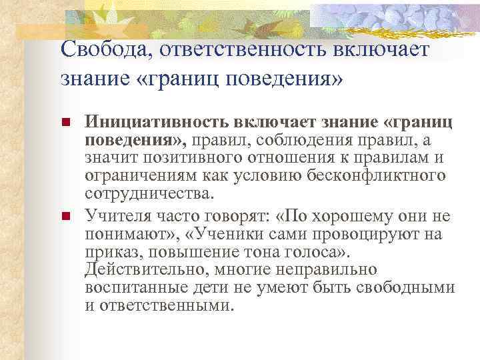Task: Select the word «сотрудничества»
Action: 148,193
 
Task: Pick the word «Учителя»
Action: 111,216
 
